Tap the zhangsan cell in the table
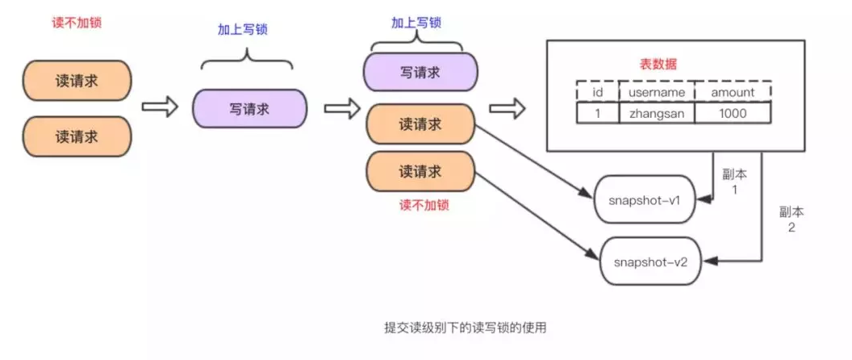pos(656,114)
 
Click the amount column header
pos(733,92)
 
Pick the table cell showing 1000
pos(733,114)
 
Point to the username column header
pos(656,92)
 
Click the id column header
pos(598,92)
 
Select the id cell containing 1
pos(598,114)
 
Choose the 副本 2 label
pos(791,219)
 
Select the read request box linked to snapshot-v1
pos(420,125)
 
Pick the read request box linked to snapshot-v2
pos(420,171)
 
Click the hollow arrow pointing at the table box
pos(507,107)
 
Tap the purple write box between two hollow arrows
pos(249,107)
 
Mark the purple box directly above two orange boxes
pos(420,73)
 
